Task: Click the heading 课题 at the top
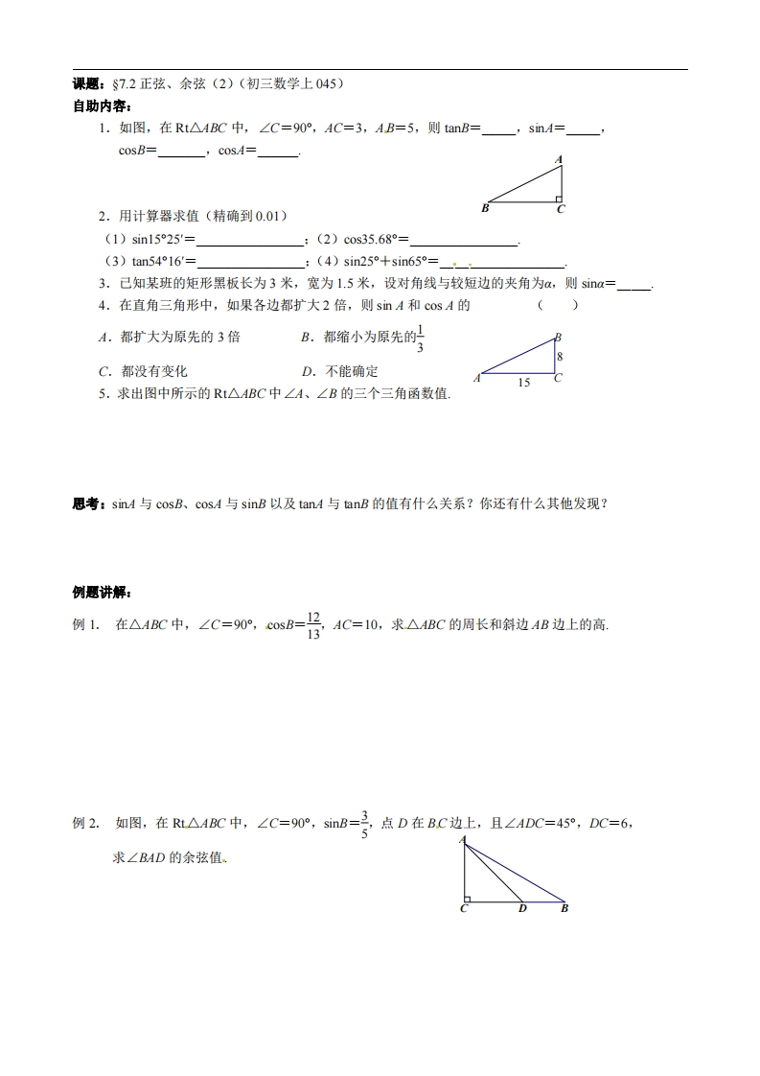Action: pos(87,84)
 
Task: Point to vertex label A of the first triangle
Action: pos(559,159)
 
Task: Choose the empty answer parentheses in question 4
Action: pos(557,306)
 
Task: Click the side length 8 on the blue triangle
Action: pos(559,356)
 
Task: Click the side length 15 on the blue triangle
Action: pos(523,383)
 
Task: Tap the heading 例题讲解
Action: pos(103,590)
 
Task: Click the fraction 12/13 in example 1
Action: pos(312,624)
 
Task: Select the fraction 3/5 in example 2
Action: pos(363,824)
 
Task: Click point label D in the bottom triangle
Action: pos(522,908)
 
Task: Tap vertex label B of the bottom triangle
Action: pos(564,908)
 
